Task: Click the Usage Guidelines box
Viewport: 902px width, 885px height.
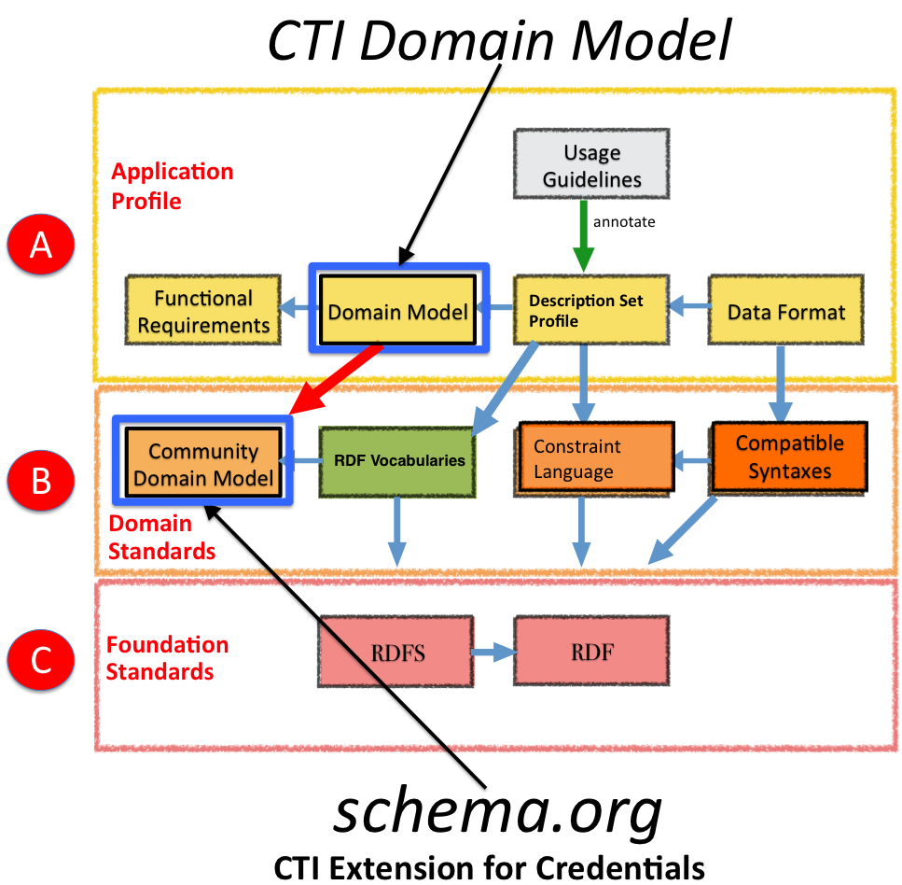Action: [x=591, y=165]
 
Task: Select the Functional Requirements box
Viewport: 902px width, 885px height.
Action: [x=203, y=312]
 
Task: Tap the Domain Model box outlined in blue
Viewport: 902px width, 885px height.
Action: [x=398, y=312]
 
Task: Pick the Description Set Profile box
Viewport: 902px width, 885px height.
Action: [x=591, y=311]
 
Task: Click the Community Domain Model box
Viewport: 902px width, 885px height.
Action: [x=202, y=464]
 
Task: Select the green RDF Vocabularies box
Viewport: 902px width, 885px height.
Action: [x=398, y=460]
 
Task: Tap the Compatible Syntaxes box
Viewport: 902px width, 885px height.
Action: [x=789, y=457]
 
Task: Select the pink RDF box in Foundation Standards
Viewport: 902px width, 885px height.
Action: [x=592, y=653]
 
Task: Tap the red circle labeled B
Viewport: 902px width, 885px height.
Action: [x=41, y=481]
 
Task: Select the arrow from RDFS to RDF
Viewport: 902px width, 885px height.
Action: [x=493, y=653]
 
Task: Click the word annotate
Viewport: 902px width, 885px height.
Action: [x=624, y=223]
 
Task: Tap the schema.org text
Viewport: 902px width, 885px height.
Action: [x=499, y=813]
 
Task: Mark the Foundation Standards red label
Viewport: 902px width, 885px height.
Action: [x=167, y=658]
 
